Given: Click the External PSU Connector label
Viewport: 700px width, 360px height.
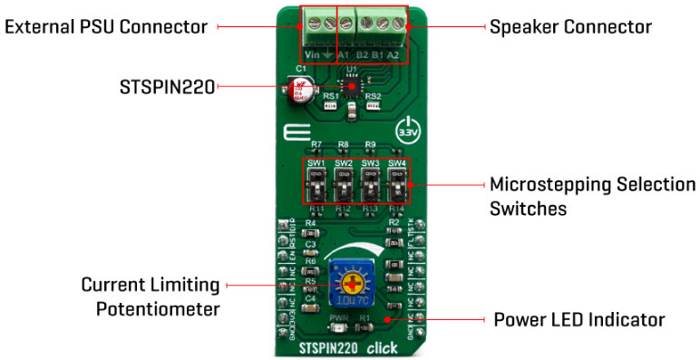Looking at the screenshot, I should [105, 27].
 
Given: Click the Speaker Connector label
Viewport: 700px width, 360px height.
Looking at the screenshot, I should [569, 27].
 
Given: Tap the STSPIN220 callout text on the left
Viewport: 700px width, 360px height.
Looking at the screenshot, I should [168, 87].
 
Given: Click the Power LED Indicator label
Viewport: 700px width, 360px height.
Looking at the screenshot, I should [579, 320].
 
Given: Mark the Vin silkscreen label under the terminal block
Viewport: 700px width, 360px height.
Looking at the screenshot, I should [311, 55].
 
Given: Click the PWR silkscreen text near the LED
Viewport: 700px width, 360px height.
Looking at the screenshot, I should [339, 317].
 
